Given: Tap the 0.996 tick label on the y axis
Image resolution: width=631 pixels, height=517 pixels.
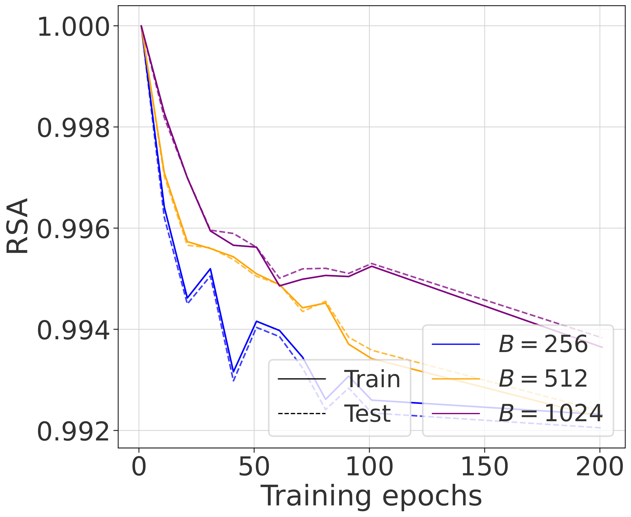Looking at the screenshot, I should coord(73,230).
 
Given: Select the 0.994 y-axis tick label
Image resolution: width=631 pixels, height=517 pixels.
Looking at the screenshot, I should coord(73,331).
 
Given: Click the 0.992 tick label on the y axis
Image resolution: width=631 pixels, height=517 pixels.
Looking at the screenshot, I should coord(73,432).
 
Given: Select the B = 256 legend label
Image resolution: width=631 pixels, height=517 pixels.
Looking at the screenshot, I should coord(543,344).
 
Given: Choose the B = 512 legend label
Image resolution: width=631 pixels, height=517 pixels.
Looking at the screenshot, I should coord(543,379).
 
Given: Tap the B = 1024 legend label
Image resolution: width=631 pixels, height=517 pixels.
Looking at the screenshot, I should coord(550,413).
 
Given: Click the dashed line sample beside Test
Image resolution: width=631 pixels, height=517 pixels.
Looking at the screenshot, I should coord(302,414).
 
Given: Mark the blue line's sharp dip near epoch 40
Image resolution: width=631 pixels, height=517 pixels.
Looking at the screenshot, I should coord(234,372).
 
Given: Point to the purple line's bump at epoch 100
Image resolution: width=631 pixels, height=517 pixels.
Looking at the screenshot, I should coord(371,266).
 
